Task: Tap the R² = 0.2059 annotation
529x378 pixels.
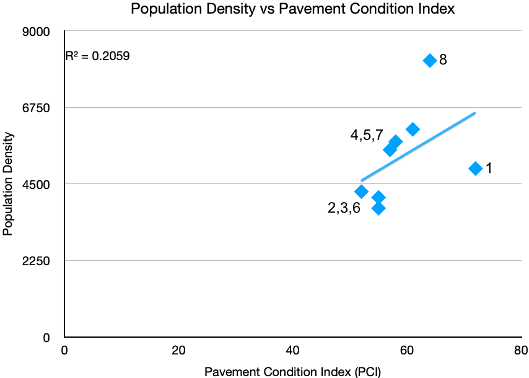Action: click(x=98, y=56)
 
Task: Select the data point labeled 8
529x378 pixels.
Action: click(x=429, y=60)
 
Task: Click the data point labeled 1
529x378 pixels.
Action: click(x=475, y=168)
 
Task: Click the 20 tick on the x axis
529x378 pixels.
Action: click(x=178, y=350)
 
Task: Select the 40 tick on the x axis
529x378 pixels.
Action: click(x=292, y=350)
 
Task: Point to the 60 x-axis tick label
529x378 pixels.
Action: click(x=406, y=350)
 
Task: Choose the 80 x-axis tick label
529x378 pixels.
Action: click(x=520, y=350)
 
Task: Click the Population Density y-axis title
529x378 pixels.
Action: click(x=8, y=184)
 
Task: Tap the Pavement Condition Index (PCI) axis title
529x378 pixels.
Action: click(x=292, y=371)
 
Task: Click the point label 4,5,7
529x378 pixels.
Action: click(x=367, y=135)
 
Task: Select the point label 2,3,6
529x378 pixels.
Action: click(x=344, y=208)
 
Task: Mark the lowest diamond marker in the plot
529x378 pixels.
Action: click(x=378, y=208)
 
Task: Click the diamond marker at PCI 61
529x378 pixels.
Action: click(x=413, y=129)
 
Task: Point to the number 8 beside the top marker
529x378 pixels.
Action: click(x=443, y=61)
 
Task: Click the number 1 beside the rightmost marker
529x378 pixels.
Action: click(x=488, y=169)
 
